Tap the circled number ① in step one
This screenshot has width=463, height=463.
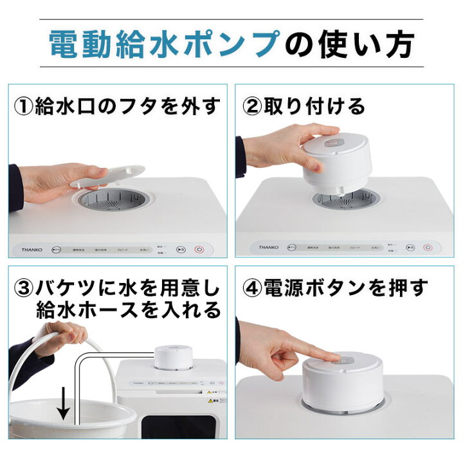pyautogui.click(x=27, y=105)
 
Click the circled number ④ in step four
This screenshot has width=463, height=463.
pyautogui.click(x=255, y=289)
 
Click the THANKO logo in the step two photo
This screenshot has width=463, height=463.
pyautogui.click(x=269, y=246)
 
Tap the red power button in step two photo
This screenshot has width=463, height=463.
pyautogui.click(x=428, y=248)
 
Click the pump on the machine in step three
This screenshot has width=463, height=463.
pyautogui.click(x=173, y=357)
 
